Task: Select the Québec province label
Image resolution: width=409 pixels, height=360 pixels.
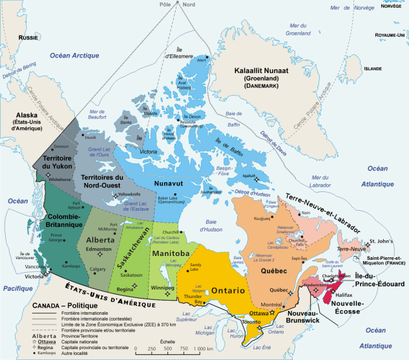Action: pos(274,255)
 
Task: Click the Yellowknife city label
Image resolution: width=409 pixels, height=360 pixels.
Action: pos(131,193)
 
